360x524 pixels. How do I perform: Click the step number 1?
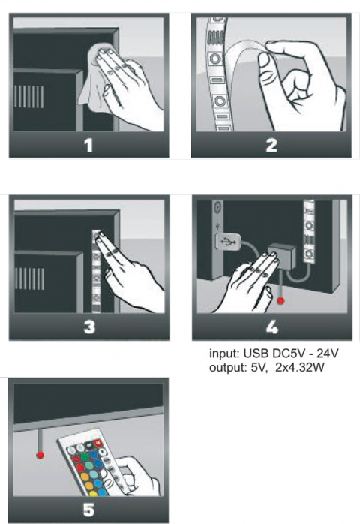point(88,146)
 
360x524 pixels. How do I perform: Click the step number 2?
point(271,146)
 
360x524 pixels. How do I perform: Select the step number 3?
point(89,327)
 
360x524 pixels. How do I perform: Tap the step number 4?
point(272,327)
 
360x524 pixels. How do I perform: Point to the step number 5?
point(88,510)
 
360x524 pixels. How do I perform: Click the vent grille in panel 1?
point(29,97)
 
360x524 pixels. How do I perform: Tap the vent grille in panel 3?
point(29,279)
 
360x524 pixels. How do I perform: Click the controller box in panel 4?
point(282,256)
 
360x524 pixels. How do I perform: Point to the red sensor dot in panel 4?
point(280,301)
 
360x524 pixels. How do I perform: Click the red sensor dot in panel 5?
point(40,455)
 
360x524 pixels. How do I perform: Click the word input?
point(223,354)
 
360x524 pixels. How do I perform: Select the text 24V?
point(328,353)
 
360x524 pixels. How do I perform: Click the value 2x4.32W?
point(300,368)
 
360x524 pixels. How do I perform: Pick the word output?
point(228,368)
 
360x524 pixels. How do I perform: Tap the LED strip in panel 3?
point(97,271)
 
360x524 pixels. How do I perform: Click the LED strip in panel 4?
point(308,230)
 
